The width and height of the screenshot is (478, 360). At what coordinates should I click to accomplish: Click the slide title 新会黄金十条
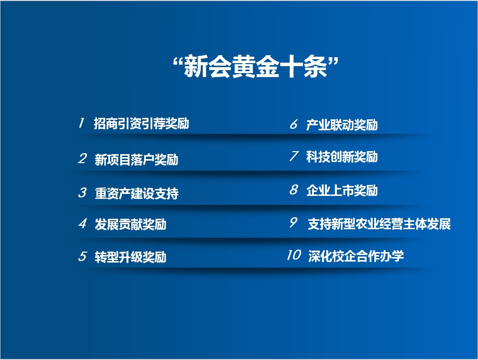[255, 67]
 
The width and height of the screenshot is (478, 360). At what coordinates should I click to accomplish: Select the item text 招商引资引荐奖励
[141, 123]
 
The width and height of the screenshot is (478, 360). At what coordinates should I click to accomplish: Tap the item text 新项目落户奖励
[136, 160]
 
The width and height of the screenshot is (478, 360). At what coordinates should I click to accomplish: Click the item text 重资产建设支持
[137, 193]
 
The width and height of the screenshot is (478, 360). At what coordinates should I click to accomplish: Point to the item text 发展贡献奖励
[131, 224]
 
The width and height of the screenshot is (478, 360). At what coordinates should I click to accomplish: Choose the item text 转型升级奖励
[131, 257]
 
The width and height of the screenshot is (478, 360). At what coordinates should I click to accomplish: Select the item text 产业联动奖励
[342, 125]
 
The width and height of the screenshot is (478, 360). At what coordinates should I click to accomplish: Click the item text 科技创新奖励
[342, 157]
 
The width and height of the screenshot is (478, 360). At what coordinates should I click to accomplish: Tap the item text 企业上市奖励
[342, 190]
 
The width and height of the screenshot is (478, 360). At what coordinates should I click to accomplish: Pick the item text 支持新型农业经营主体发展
[379, 224]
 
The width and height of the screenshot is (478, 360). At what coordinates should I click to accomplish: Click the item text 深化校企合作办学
[356, 256]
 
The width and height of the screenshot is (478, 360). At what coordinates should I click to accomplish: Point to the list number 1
[81, 123]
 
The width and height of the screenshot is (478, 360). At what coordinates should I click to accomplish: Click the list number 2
[82, 159]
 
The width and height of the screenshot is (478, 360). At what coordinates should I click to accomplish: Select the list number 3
[82, 192]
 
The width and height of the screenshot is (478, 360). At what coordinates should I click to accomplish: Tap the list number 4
[82, 223]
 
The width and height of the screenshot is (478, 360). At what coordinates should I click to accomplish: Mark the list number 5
[82, 256]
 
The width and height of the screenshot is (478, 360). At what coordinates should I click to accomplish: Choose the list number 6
[294, 124]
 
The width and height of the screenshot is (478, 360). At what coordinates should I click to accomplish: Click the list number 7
[294, 156]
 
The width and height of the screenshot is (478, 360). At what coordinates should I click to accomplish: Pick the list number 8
[294, 189]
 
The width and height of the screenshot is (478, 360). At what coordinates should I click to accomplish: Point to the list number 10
[294, 255]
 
